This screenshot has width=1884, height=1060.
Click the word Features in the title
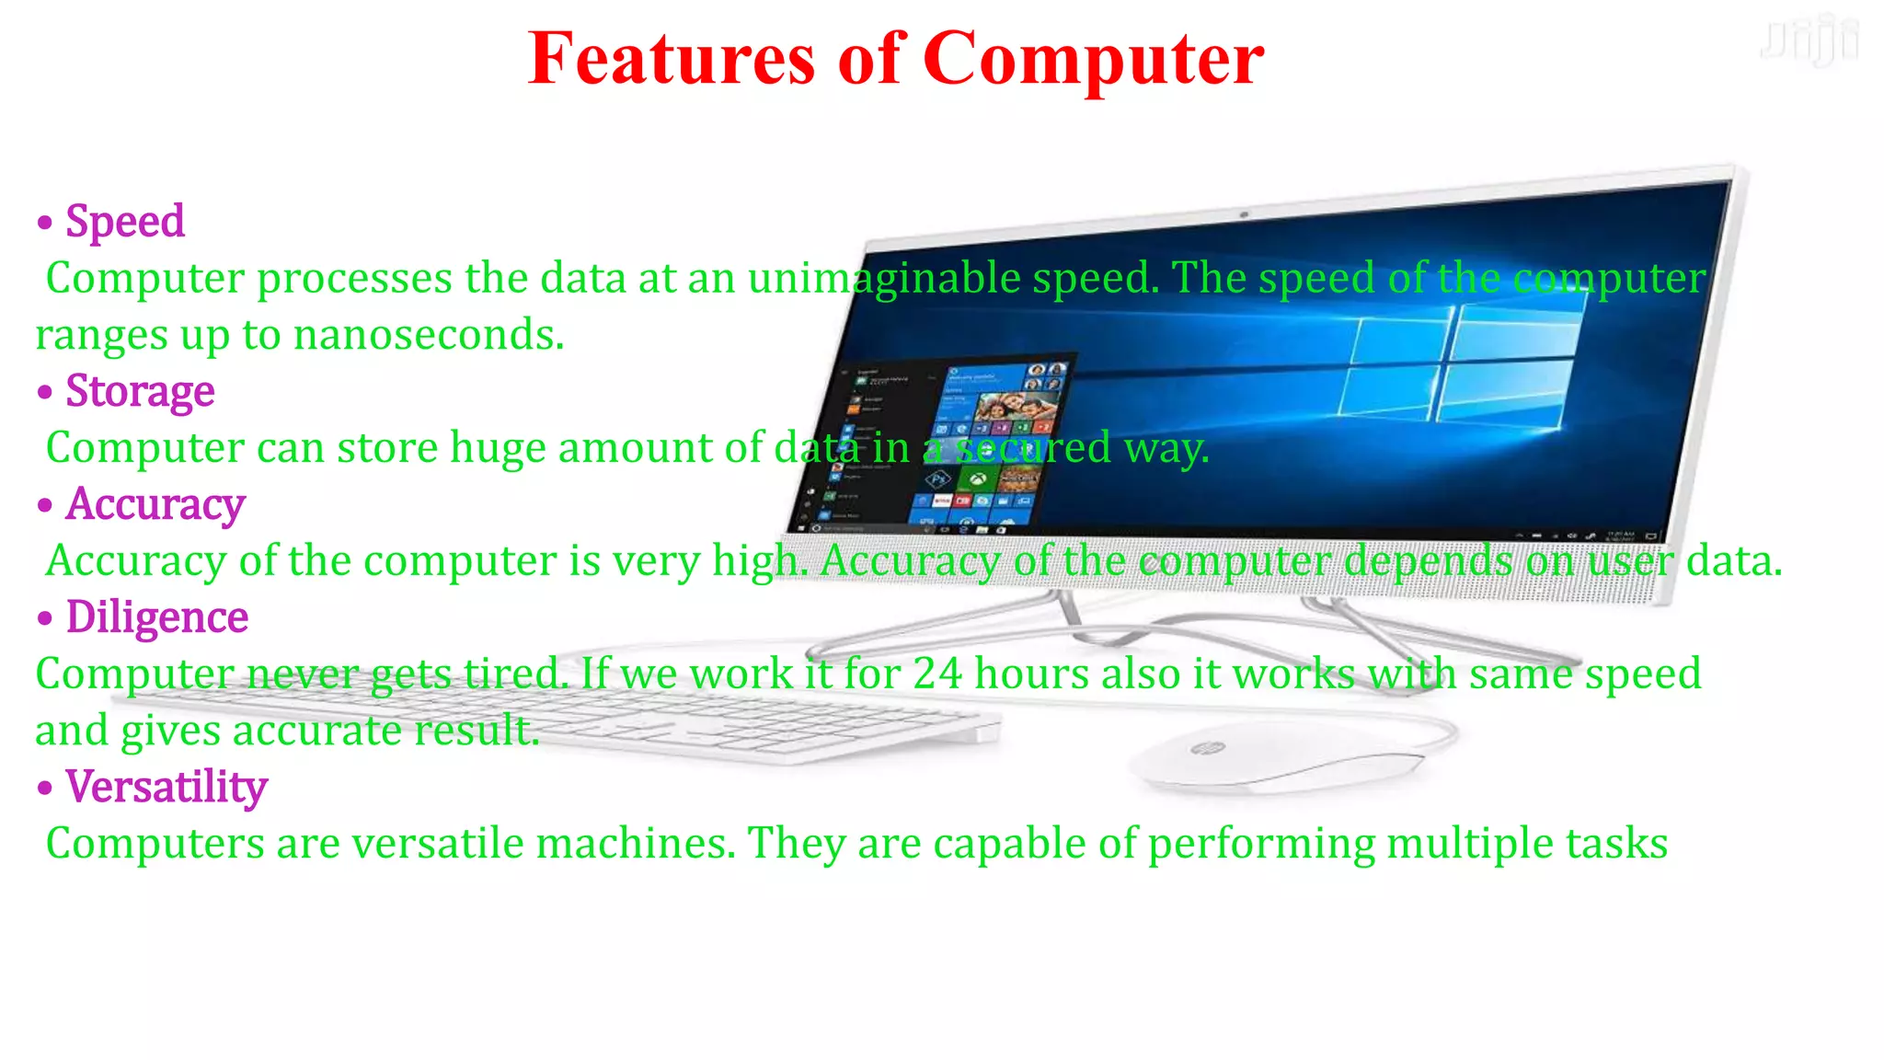pos(672,59)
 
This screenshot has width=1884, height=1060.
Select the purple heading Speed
pos(125,222)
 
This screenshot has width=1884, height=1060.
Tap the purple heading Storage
pos(140,391)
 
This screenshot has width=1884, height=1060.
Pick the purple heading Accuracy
pos(155,504)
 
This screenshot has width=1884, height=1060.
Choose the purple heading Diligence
pos(157,617)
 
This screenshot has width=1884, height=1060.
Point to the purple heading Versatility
pos(167,787)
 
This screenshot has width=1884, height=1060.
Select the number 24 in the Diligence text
pos(937,674)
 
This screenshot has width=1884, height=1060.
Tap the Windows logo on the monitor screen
pos(1463,368)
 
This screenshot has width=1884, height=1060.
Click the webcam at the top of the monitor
pos(1244,214)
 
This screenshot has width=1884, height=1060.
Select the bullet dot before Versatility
pos(45,789)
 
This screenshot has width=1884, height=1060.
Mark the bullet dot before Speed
pos(45,223)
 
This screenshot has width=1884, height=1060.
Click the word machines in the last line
pos(636,844)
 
